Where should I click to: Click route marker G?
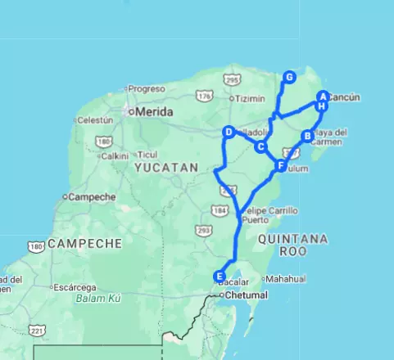289,77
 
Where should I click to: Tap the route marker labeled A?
324,97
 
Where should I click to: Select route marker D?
229,131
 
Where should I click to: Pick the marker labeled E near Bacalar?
219,276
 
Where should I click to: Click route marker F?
281,166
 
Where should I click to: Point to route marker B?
307,136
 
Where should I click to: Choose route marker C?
260,147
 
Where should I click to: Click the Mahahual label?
285,279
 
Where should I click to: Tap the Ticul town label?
147,154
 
